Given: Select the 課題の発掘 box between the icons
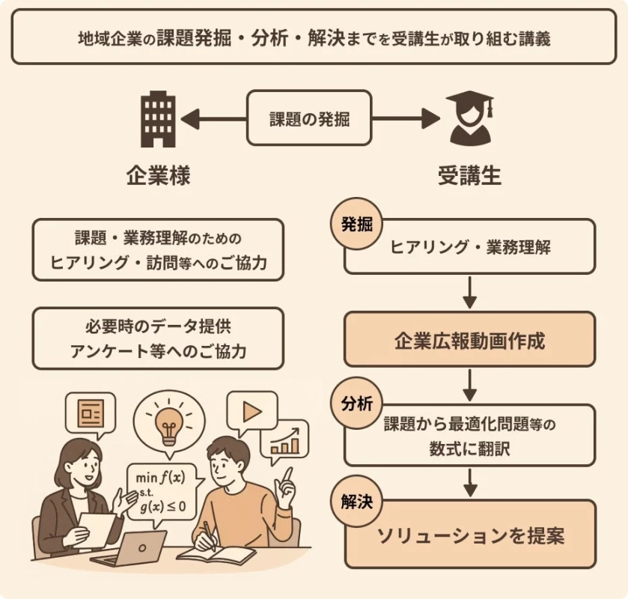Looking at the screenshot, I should point(309,118).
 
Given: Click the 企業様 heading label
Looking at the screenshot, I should point(158,177).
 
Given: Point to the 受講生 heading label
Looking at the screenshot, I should point(469,177).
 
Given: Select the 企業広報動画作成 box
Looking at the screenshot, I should point(469,341).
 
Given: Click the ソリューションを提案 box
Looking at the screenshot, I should point(469,535).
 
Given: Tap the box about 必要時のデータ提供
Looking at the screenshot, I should point(158,338).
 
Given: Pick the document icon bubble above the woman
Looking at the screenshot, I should point(91,411).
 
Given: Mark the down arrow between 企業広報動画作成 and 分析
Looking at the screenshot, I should point(469,384).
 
